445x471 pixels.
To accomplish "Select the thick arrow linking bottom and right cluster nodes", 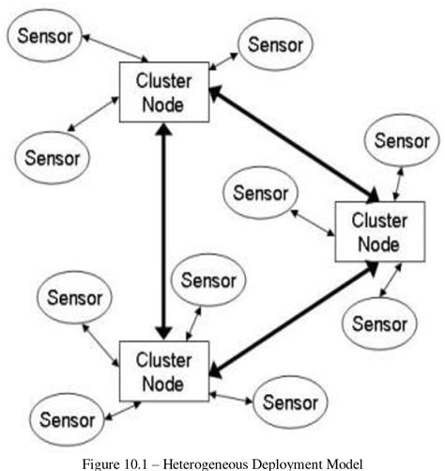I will [x=291, y=317].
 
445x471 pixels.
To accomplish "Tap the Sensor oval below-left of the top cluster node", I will [x=52, y=157].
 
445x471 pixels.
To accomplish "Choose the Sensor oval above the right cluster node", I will [x=401, y=142].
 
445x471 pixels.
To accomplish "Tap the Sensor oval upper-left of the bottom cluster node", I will [x=73, y=298].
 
